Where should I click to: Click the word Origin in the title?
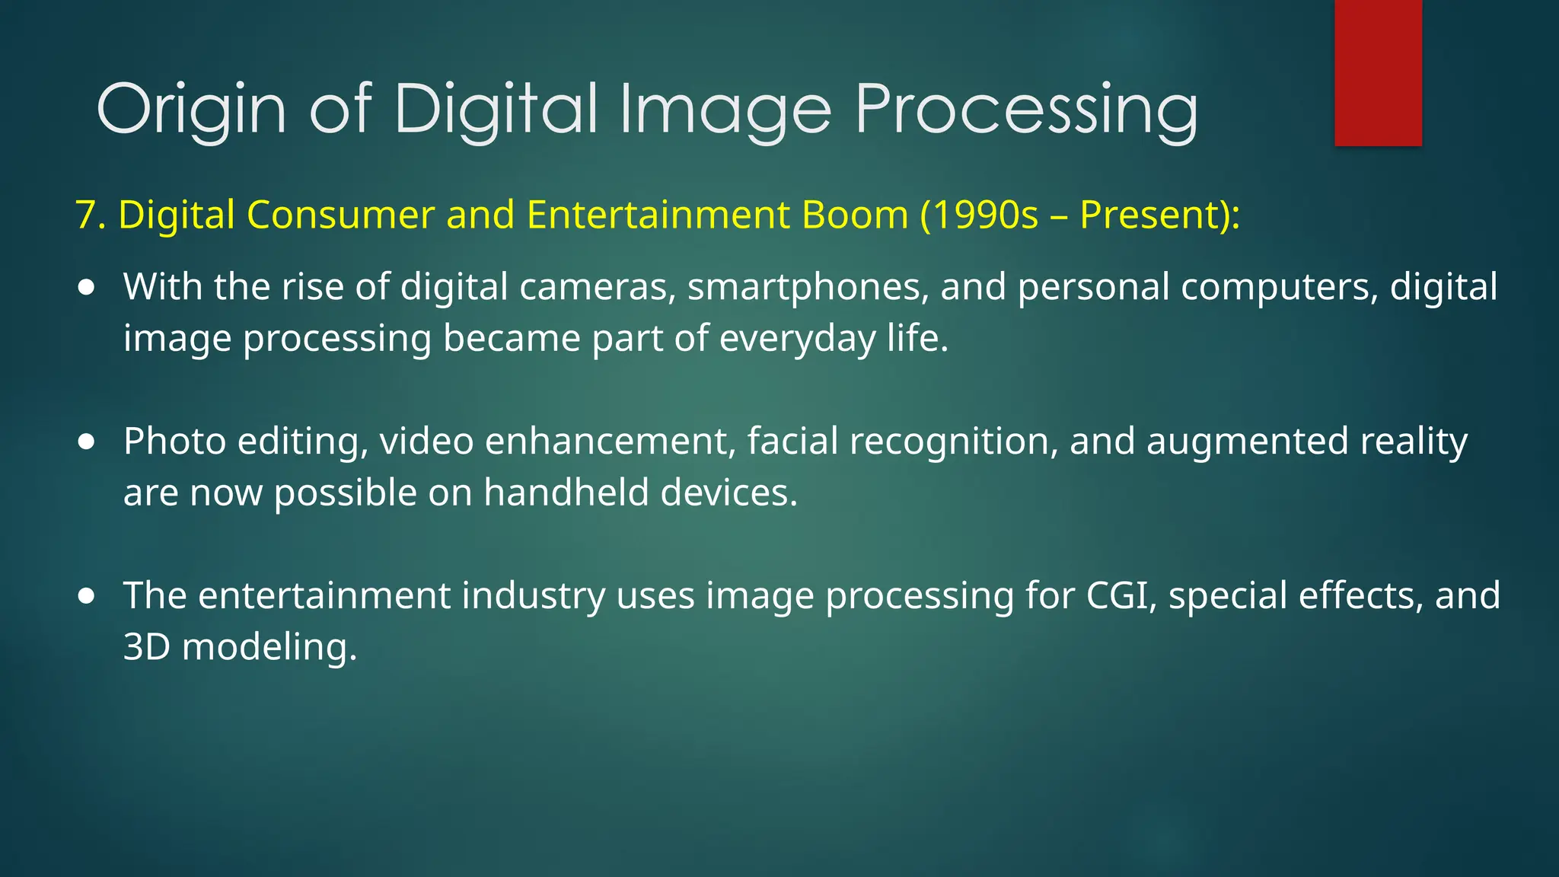click(x=191, y=110)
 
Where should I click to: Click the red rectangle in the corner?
click(x=1378, y=72)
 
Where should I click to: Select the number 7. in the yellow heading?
click(x=91, y=215)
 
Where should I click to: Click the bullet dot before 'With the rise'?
click(x=87, y=288)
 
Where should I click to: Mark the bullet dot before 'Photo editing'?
click(x=87, y=442)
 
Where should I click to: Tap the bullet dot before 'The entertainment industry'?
click(x=87, y=596)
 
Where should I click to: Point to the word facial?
click(x=792, y=442)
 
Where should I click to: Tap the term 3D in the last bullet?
click(x=146, y=647)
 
